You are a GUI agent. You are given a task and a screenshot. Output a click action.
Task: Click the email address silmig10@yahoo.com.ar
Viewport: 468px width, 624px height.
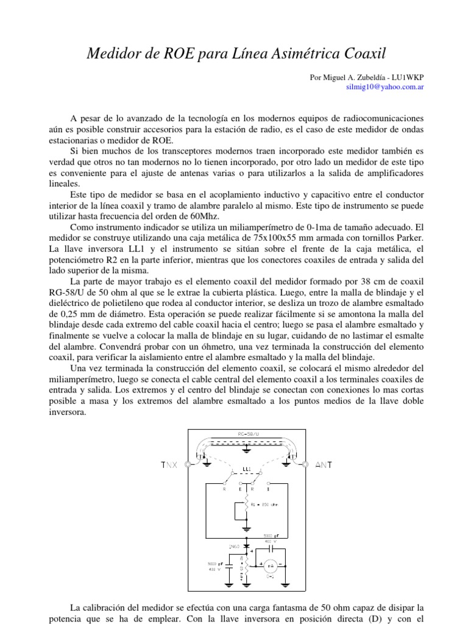pyautogui.click(x=385, y=88)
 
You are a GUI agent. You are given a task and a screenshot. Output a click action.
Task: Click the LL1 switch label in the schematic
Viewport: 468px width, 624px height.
pyautogui.click(x=247, y=470)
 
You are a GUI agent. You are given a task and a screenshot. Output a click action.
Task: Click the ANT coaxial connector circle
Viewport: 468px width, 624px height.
pyautogui.click(x=304, y=464)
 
